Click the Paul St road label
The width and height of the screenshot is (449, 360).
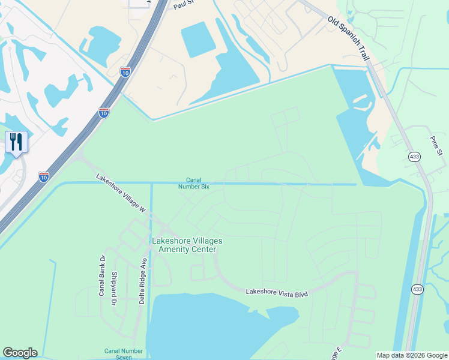[x=182, y=5]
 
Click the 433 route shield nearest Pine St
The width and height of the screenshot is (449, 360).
[x=414, y=157]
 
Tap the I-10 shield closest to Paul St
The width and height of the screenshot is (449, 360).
[x=125, y=72]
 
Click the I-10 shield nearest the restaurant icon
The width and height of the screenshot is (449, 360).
[x=44, y=176]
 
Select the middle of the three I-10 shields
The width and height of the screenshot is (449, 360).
[x=104, y=113]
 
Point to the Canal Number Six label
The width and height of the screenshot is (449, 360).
[x=193, y=183]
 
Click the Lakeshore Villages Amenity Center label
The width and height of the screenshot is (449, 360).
[x=187, y=245]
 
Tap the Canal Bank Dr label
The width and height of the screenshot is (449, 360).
[x=102, y=275]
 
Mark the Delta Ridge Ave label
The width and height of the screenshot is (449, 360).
[x=143, y=281]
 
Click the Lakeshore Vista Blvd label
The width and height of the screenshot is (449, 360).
[x=276, y=293]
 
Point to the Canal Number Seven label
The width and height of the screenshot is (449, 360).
[x=124, y=354]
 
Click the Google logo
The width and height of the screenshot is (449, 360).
[x=20, y=353]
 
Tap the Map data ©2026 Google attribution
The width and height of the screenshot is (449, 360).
[x=411, y=355]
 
